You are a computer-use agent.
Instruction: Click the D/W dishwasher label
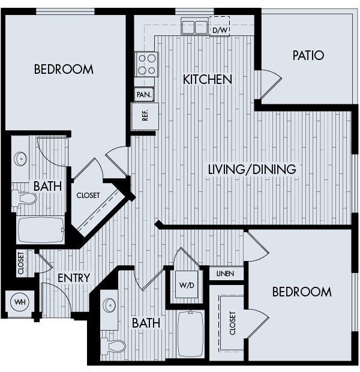click(x=220, y=29)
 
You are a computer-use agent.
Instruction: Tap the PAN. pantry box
click(x=144, y=94)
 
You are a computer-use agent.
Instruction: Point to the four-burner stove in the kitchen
click(x=147, y=64)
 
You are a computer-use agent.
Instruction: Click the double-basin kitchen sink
click(x=194, y=27)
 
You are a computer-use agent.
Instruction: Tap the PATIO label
click(x=308, y=56)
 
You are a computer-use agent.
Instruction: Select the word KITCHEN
click(x=208, y=79)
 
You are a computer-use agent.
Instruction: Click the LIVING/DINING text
click(x=251, y=169)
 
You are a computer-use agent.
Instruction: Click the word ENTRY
click(x=74, y=278)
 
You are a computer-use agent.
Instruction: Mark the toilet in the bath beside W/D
click(x=112, y=346)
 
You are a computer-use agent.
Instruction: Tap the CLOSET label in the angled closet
click(x=88, y=195)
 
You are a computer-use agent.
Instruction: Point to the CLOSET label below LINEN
click(x=232, y=322)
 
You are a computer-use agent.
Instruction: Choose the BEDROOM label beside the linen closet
click(x=301, y=292)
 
